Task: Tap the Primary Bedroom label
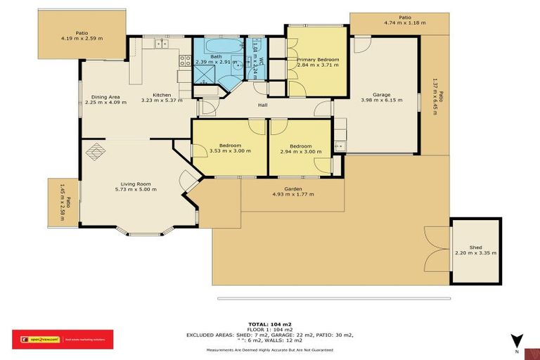[318, 60]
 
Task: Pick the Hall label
[262, 105]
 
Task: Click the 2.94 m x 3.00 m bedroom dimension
[300, 151]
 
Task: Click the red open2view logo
[63, 340]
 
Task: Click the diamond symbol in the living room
[95, 150]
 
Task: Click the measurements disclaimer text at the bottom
[270, 349]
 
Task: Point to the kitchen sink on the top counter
[161, 44]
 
